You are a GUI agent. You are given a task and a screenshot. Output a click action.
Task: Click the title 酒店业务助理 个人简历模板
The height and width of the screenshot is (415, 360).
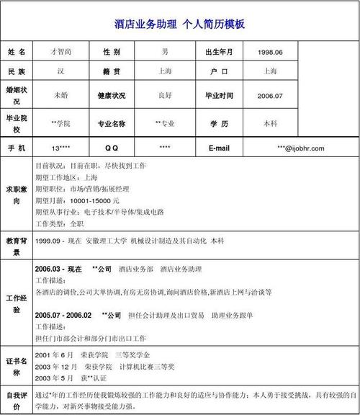tap(179, 24)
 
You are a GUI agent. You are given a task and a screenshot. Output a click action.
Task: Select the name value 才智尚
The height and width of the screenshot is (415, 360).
tap(60, 52)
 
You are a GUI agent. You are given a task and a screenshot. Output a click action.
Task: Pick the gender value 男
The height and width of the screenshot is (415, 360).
tap(165, 52)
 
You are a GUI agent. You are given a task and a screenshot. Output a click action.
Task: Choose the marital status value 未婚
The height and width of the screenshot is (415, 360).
tap(60, 95)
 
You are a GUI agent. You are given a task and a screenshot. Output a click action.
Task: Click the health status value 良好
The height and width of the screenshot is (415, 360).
tap(165, 95)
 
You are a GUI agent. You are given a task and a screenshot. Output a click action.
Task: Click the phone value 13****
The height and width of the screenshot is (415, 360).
tap(60, 148)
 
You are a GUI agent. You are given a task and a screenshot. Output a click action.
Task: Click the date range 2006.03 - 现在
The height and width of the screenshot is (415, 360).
tap(58, 268)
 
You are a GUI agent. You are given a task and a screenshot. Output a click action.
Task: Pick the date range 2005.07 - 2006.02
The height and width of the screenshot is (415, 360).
tap(63, 315)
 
